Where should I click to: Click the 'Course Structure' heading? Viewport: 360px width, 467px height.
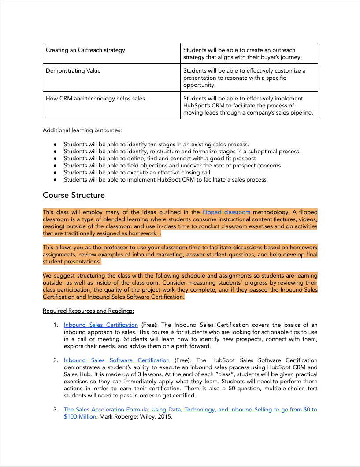74,195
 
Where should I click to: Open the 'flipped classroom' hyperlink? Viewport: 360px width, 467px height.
226,212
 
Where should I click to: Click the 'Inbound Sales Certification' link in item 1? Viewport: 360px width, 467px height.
100,325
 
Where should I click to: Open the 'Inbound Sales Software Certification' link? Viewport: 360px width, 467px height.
116,360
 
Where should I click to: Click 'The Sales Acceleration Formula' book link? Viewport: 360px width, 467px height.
190,410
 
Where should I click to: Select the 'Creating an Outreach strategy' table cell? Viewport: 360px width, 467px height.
85,50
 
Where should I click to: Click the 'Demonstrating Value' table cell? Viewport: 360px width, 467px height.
73,71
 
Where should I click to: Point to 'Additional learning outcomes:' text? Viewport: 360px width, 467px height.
82,130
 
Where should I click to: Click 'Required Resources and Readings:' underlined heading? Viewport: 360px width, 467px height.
88,311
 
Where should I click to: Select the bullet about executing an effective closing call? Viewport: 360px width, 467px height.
137,172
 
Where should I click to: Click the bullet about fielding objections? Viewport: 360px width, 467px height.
173,165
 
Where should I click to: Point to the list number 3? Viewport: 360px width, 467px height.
56,410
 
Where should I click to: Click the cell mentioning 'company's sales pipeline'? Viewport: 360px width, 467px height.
249,106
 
